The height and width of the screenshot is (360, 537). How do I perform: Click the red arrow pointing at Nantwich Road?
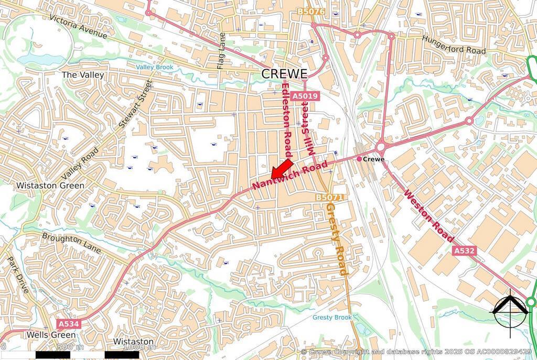(x=282, y=169)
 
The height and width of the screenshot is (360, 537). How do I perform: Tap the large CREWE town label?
(x=284, y=74)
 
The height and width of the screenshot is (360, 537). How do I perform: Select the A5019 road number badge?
(x=305, y=96)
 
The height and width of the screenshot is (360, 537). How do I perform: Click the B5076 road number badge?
(x=310, y=11)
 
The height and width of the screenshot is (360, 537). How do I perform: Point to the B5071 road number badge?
(x=329, y=197)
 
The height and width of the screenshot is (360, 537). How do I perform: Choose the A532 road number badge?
(x=464, y=251)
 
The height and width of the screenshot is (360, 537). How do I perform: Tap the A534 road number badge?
(x=68, y=324)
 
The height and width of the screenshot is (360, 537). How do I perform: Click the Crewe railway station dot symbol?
(x=359, y=158)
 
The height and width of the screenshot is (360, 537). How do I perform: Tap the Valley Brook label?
(x=154, y=67)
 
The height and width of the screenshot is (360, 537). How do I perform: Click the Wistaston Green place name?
(x=50, y=186)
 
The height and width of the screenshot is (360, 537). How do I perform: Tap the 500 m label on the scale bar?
(x=70, y=347)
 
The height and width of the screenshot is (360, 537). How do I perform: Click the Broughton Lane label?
(x=71, y=243)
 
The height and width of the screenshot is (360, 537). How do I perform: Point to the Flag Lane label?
(x=221, y=51)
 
